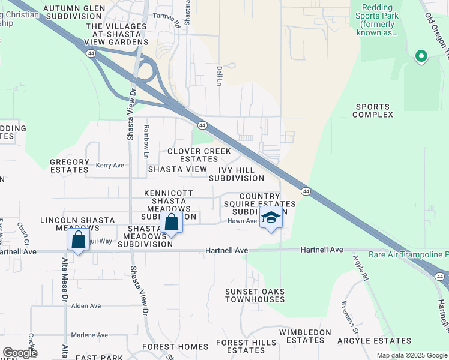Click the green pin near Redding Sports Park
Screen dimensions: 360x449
click(421, 57)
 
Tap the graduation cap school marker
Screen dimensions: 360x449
click(271, 218)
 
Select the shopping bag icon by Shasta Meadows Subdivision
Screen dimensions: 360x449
click(171, 223)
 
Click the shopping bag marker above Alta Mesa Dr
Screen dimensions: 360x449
click(78, 240)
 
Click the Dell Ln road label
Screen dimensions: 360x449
click(220, 74)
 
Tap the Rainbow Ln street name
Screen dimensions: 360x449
click(146, 142)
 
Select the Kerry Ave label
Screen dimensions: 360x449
click(110, 165)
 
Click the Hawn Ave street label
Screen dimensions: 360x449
click(242, 221)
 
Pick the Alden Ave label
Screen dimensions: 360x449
click(86, 305)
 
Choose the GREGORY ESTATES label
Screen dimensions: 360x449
click(69, 166)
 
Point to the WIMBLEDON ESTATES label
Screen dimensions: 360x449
click(305, 336)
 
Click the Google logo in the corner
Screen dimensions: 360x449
click(20, 352)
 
